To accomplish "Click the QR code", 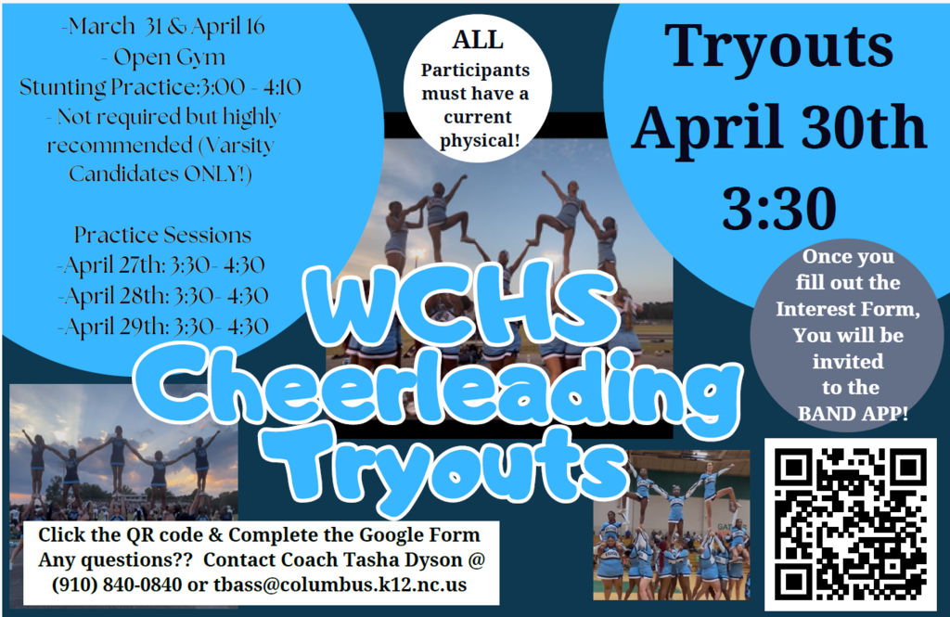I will tap(850, 524).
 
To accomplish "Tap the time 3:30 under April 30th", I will tap(778, 210).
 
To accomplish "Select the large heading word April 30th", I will tap(779, 129).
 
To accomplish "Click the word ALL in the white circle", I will tap(478, 40).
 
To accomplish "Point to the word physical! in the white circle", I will tap(477, 140).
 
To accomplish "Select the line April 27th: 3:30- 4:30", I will tap(162, 264).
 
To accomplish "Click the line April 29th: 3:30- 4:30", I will tap(163, 326).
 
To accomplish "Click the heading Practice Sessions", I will tap(163, 235).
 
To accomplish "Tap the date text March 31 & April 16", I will tap(163, 27).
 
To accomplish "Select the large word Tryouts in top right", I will tap(778, 45).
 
